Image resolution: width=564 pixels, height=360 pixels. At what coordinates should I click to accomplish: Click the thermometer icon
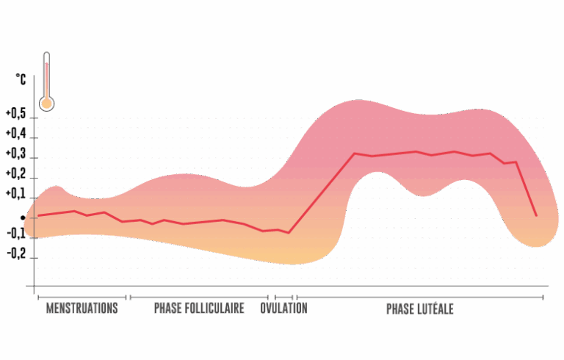point(46,81)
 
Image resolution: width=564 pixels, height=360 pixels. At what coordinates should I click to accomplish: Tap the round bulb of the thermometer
point(46,103)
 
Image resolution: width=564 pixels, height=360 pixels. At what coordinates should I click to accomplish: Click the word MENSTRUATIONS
point(82,309)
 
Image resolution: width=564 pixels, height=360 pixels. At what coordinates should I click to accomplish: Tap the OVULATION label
point(283,309)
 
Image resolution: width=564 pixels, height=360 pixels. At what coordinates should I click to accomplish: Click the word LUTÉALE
point(437,309)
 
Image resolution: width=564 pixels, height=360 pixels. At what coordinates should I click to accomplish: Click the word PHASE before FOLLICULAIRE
point(168,309)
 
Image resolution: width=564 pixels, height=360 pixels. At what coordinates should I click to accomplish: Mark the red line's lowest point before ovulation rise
point(289,233)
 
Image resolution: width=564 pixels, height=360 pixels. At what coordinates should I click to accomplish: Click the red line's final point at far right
point(536,215)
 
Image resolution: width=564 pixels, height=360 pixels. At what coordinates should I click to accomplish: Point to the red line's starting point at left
point(38,215)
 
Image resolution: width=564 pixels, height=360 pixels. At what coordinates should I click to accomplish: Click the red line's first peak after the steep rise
point(355,154)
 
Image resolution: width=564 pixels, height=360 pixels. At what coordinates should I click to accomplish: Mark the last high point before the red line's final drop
point(516,162)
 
